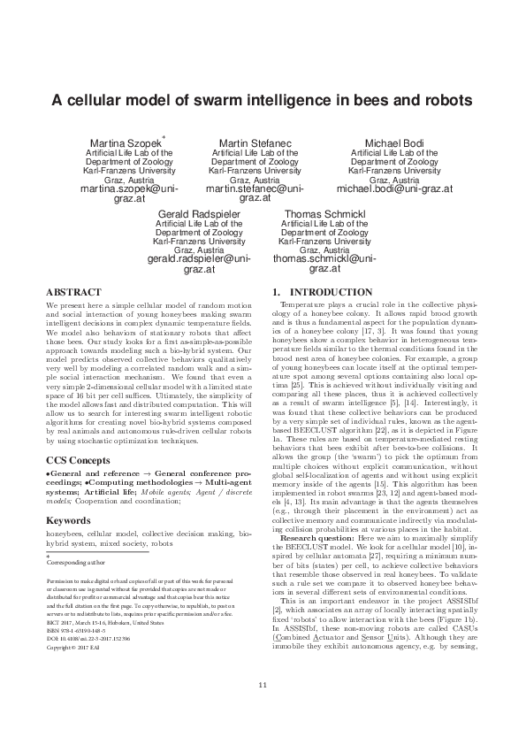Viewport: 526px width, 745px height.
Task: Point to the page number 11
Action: [263, 710]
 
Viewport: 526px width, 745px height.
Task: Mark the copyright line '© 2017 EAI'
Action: [70, 649]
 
